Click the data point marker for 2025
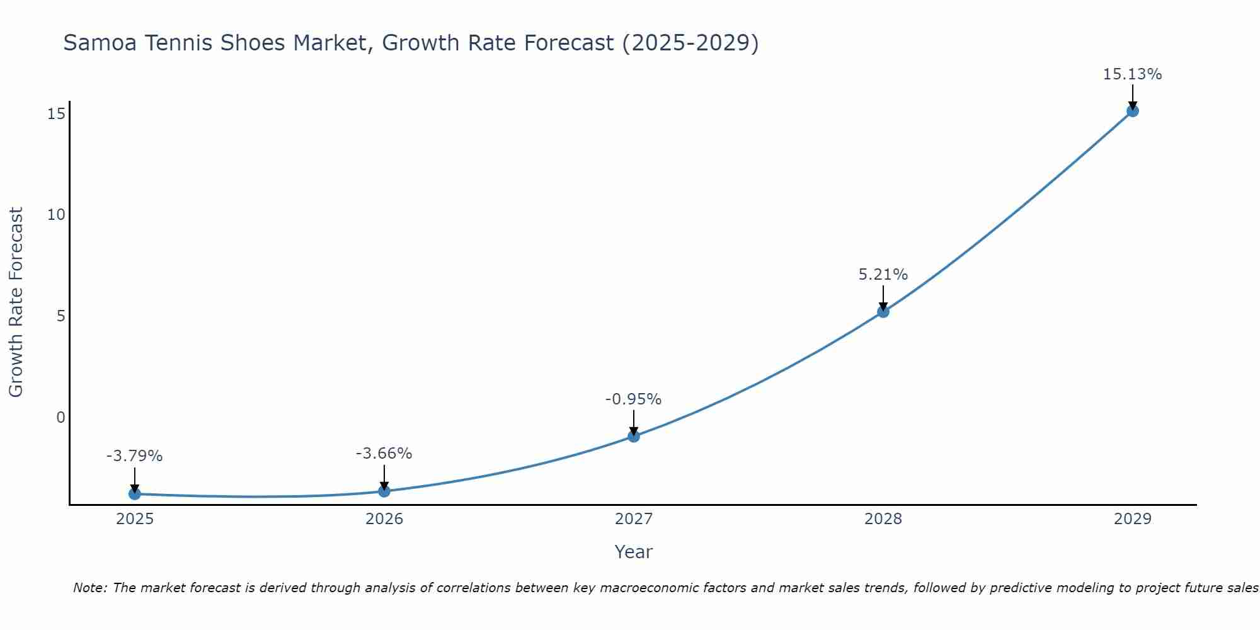(134, 494)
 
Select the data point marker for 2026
(384, 491)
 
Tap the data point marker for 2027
(634, 436)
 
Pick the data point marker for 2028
(883, 311)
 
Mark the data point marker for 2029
(1132, 111)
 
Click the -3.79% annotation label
(134, 456)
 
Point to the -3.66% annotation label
(384, 454)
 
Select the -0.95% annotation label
(633, 399)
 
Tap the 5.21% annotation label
(883, 275)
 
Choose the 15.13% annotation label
(1132, 74)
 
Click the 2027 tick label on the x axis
(634, 519)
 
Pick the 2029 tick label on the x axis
(1132, 519)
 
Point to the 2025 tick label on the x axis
(135, 519)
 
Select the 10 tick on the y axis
(56, 215)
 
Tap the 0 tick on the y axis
(60, 417)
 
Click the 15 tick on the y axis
(56, 114)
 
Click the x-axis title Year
(633, 552)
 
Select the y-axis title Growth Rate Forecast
(16, 302)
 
